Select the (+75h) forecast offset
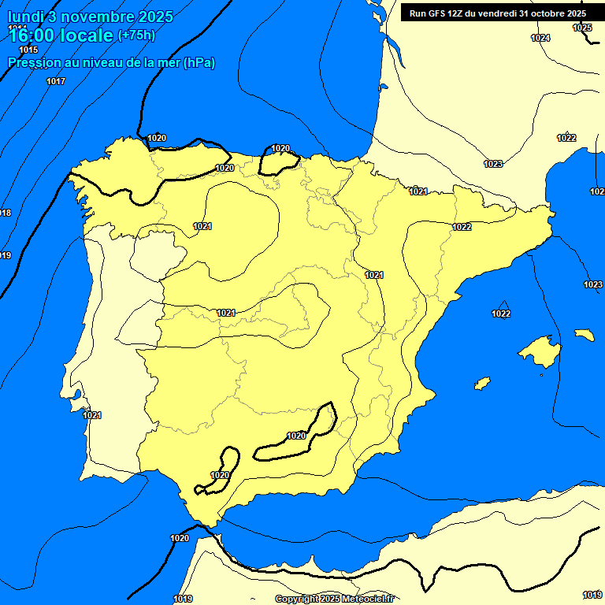[x=136, y=35]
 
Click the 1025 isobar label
[x=582, y=28]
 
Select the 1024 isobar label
[x=540, y=38]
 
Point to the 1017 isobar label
[x=56, y=81]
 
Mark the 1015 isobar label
[x=29, y=50]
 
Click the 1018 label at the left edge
[x=6, y=213]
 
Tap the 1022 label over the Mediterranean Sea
[x=501, y=314]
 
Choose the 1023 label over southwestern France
[x=493, y=164]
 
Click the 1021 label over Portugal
[x=92, y=415]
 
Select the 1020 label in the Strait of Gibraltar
[x=180, y=538]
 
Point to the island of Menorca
[x=585, y=335]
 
